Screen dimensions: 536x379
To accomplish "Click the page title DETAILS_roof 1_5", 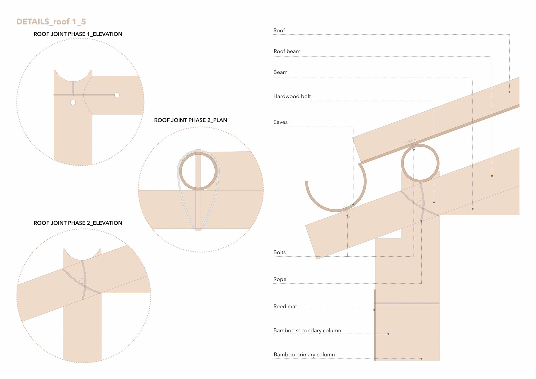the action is click(51, 22).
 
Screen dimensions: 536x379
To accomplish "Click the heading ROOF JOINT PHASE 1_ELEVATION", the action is click(78, 34).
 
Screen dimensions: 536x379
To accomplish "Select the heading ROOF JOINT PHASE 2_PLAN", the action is click(191, 120).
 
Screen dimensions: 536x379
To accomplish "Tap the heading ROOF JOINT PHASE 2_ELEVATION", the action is click(78, 223).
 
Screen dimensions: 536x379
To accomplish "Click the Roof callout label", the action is click(279, 30).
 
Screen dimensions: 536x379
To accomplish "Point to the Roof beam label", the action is click(287, 51).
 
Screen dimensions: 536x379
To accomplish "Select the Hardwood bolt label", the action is click(292, 96).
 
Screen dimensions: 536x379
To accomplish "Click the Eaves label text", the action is click(281, 122).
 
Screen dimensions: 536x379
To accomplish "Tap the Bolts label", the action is click(279, 252).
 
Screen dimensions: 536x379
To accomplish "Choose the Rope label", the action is click(280, 279).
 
